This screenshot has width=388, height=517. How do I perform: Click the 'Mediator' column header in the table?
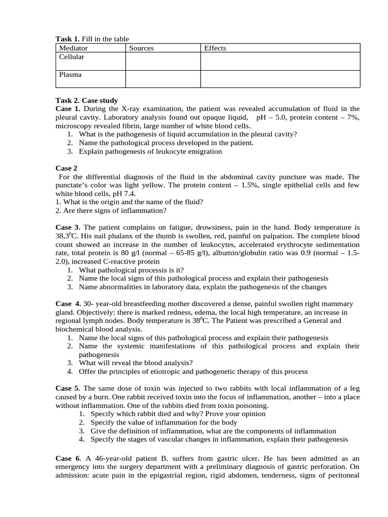click(x=73, y=48)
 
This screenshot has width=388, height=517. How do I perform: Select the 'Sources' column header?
click(x=141, y=48)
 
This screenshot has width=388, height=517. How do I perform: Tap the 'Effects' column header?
click(x=215, y=48)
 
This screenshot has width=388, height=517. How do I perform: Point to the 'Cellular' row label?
click(x=72, y=57)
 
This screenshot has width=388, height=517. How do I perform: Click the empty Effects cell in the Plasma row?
click(x=280, y=79)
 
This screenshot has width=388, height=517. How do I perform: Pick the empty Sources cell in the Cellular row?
click(x=163, y=61)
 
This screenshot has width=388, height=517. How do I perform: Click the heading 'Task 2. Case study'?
click(x=86, y=100)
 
